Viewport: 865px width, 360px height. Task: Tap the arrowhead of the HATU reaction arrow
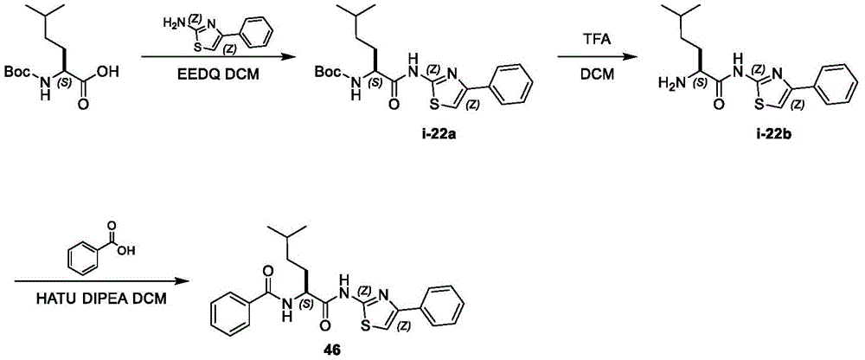pyautogui.click(x=176, y=282)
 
